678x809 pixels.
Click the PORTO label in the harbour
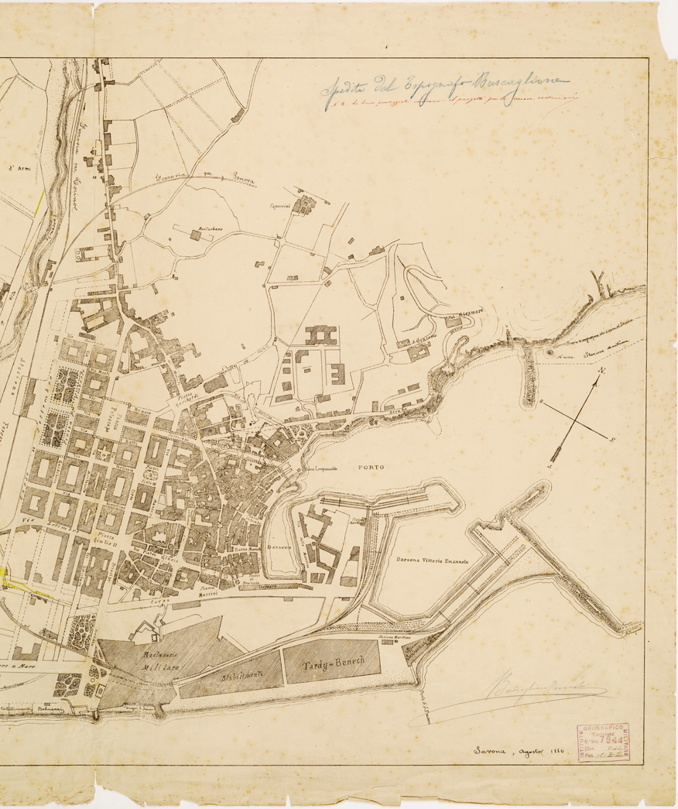click(372, 468)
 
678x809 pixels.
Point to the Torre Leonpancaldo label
click(322, 471)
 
